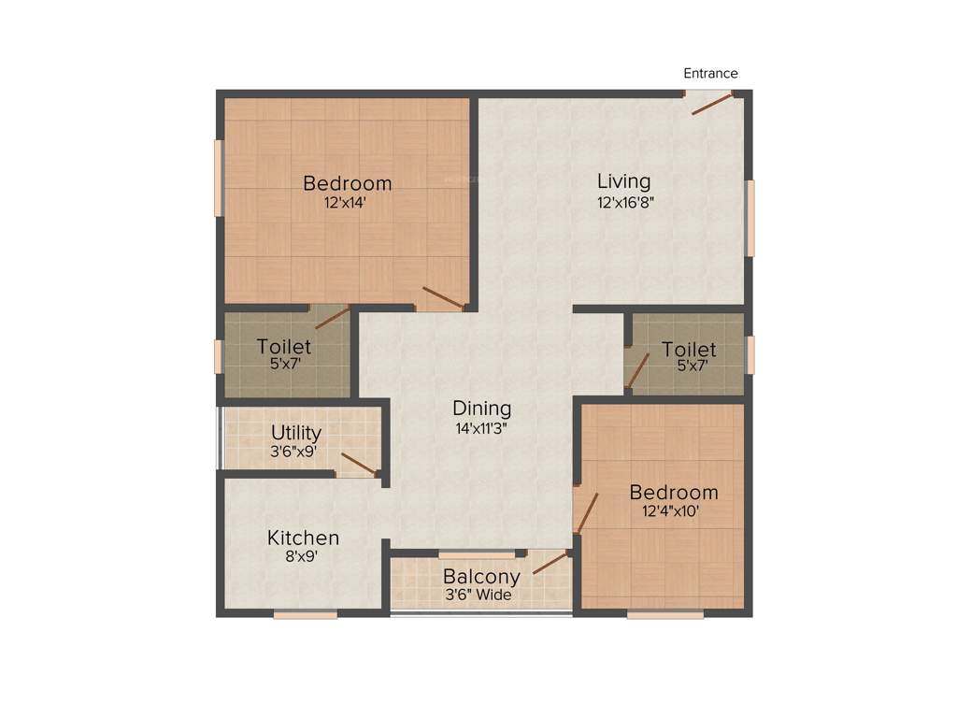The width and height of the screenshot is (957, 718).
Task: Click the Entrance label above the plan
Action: [x=710, y=74]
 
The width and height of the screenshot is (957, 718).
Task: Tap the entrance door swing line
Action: [x=711, y=104]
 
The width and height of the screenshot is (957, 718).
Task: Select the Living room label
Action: [x=624, y=181]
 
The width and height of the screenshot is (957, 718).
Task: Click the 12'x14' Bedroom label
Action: [x=347, y=183]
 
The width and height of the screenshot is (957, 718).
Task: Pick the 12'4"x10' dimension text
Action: [x=671, y=511]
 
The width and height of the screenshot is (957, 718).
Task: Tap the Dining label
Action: [x=481, y=409]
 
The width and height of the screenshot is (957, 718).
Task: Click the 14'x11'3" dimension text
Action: [x=481, y=428]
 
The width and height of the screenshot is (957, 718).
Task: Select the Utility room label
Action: [x=296, y=433]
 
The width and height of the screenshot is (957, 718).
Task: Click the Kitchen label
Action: [x=303, y=538]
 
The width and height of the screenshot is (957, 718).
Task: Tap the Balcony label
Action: [x=481, y=577]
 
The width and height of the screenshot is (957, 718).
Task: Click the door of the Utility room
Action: [x=359, y=464]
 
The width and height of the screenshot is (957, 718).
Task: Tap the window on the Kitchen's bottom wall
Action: [x=305, y=614]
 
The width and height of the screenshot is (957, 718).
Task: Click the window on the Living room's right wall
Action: [x=750, y=217]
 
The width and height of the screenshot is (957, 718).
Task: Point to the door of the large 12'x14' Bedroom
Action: [x=443, y=298]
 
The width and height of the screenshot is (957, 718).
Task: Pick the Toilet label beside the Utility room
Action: [x=284, y=348]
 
